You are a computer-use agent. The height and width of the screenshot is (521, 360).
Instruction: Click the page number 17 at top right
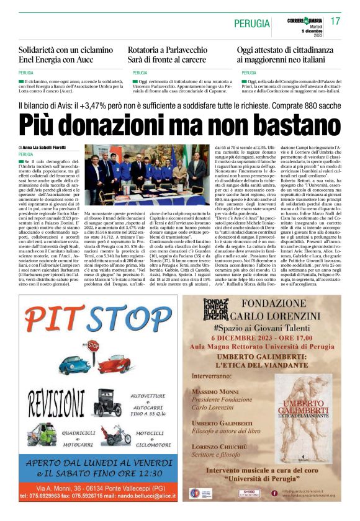click(x=335, y=22)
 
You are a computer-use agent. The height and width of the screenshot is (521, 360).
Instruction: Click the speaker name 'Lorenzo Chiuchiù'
click(x=220, y=448)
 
